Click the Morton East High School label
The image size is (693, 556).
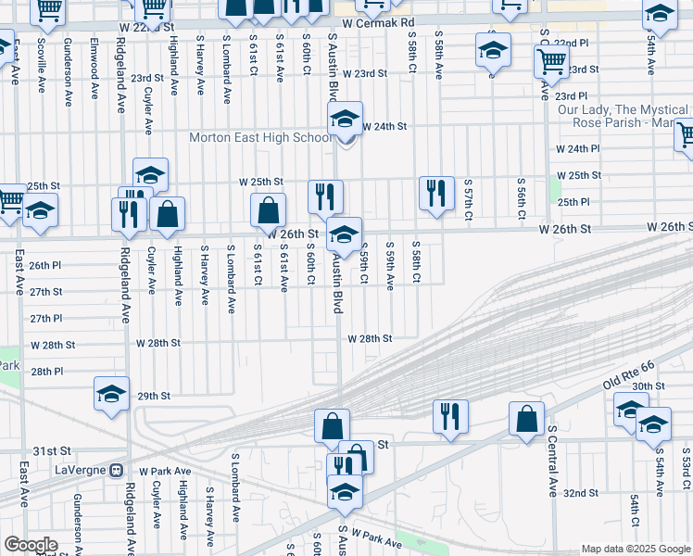point(259,137)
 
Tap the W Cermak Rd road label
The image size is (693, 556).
point(378,20)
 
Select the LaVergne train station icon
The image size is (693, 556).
point(117,469)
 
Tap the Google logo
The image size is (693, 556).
point(31,545)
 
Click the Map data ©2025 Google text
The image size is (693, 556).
point(636,549)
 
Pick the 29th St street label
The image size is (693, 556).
point(154,396)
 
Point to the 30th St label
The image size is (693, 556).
point(649,385)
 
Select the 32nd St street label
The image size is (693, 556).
point(581,493)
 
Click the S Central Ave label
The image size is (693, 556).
point(551,461)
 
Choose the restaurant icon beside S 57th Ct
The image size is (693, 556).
point(436,193)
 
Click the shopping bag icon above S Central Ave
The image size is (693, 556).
point(525,417)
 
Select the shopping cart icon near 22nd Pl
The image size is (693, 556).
point(551,61)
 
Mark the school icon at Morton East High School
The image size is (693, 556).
point(345,118)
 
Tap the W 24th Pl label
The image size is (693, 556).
point(577,148)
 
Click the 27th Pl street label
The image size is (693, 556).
point(45,318)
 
